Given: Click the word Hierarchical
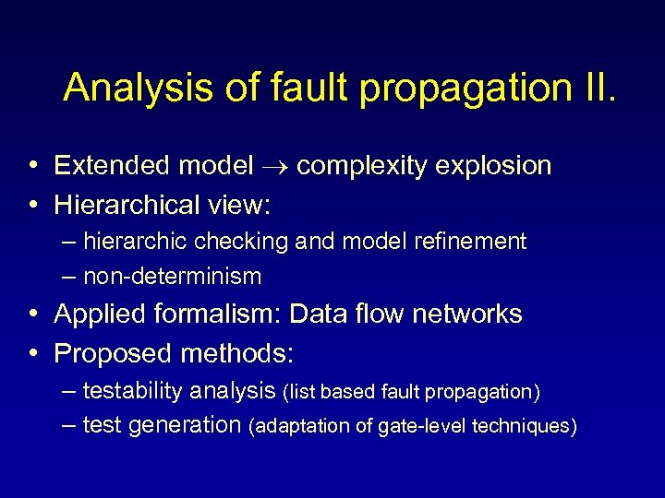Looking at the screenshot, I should [x=124, y=203].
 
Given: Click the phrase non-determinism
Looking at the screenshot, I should [x=172, y=276].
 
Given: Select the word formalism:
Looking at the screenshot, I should [x=219, y=314].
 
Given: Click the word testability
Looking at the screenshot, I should [x=133, y=392].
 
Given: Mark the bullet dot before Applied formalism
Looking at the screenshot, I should [x=33, y=314].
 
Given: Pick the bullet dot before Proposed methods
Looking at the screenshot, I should [x=33, y=353].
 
